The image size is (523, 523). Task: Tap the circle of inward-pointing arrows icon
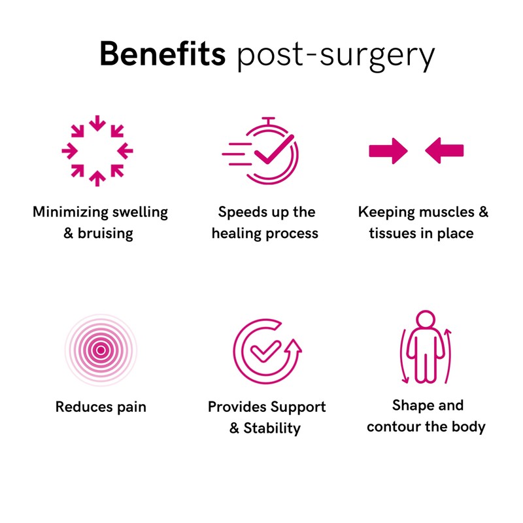(97, 151)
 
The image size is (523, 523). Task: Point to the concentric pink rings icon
(100, 350)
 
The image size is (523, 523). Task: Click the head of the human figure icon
(426, 322)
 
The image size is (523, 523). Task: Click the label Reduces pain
(101, 407)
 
